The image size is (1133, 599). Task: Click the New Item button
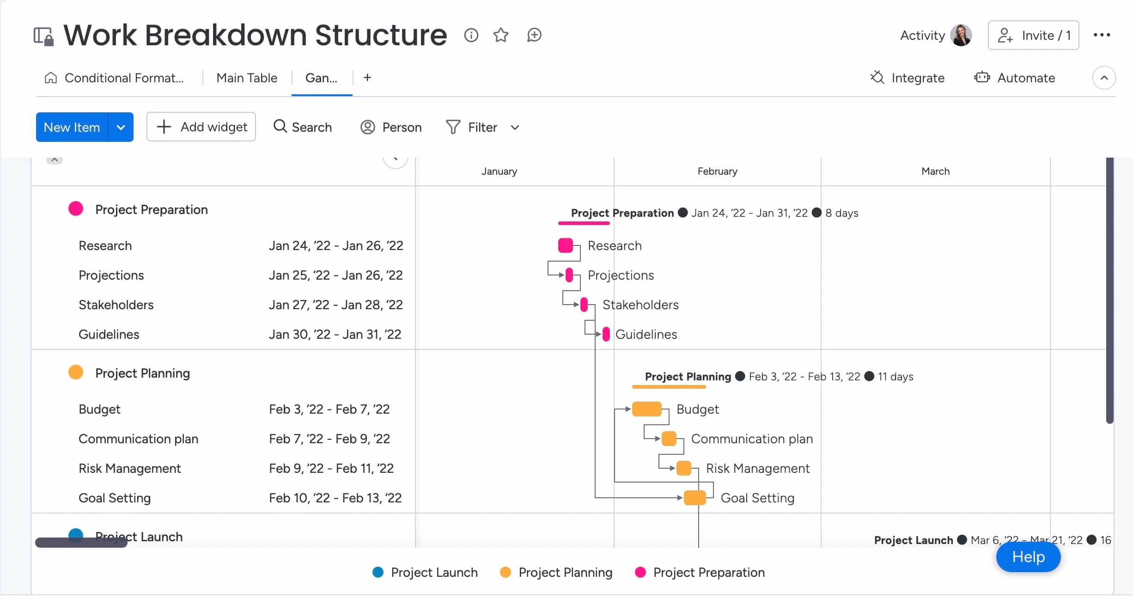(x=72, y=127)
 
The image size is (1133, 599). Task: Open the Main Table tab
(x=247, y=78)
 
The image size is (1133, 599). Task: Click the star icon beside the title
(x=500, y=35)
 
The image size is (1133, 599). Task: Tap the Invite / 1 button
(x=1033, y=35)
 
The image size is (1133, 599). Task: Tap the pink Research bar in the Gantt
(x=565, y=245)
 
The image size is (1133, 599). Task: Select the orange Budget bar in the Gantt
(x=646, y=409)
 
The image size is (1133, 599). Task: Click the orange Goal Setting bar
(x=694, y=498)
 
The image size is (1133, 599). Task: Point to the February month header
(x=717, y=171)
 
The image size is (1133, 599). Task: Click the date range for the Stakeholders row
(x=335, y=305)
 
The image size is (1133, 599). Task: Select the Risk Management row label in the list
(x=129, y=468)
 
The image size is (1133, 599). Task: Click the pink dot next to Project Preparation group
(x=76, y=209)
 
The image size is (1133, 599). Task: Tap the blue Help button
(x=1028, y=557)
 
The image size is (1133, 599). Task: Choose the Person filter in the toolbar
(x=391, y=127)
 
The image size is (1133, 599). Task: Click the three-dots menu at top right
(x=1102, y=35)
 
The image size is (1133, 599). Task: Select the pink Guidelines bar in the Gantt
(x=606, y=334)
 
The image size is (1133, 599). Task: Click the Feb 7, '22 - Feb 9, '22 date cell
(x=329, y=439)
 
